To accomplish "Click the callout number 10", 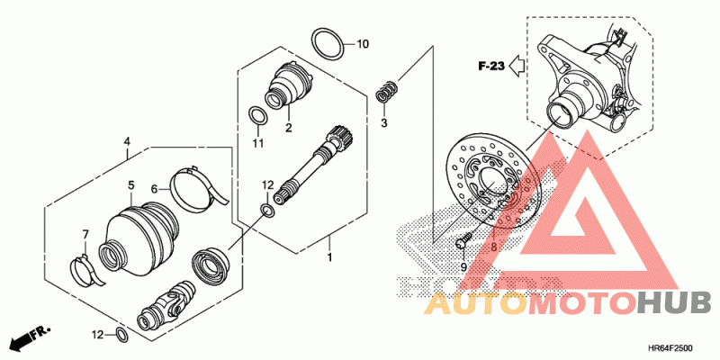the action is pos(363,44).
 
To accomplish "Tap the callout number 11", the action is pos(258,144).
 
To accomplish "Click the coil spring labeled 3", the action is pos(386,91).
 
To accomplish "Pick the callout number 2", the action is pos(288,128).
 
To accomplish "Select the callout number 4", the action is pos(127,141).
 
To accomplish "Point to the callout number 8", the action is pos(493,247).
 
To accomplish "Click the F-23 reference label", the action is pos(491,67).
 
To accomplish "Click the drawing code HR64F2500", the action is pos(671,348).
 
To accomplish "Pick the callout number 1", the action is pos(329,257).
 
